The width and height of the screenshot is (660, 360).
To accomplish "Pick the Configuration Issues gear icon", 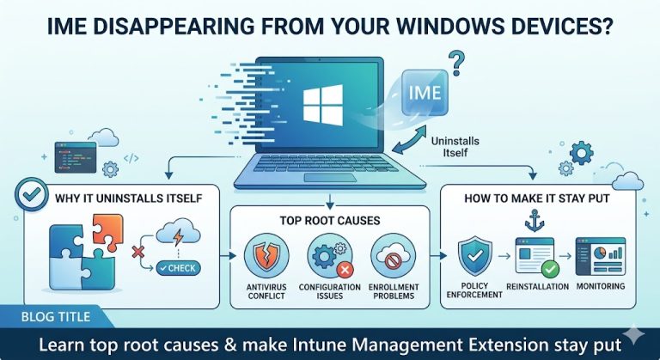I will [x=329, y=256].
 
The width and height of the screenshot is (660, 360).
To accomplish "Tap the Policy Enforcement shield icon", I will [x=474, y=255].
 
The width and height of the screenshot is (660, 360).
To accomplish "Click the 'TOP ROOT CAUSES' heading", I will [x=330, y=221].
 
